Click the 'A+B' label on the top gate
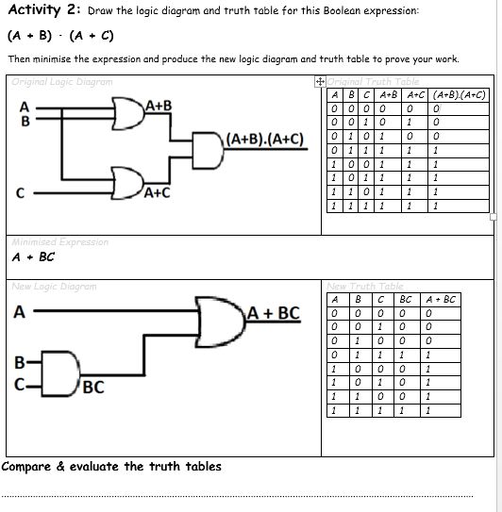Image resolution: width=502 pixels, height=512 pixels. pyautogui.click(x=158, y=105)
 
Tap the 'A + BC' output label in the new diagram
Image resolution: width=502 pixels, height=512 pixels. pyautogui.click(x=274, y=313)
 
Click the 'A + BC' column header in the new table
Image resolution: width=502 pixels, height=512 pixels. pyautogui.click(x=441, y=300)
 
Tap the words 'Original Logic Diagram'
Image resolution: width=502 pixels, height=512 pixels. pyautogui.click(x=62, y=82)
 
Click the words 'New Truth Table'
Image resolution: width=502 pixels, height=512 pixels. pyautogui.click(x=365, y=286)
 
